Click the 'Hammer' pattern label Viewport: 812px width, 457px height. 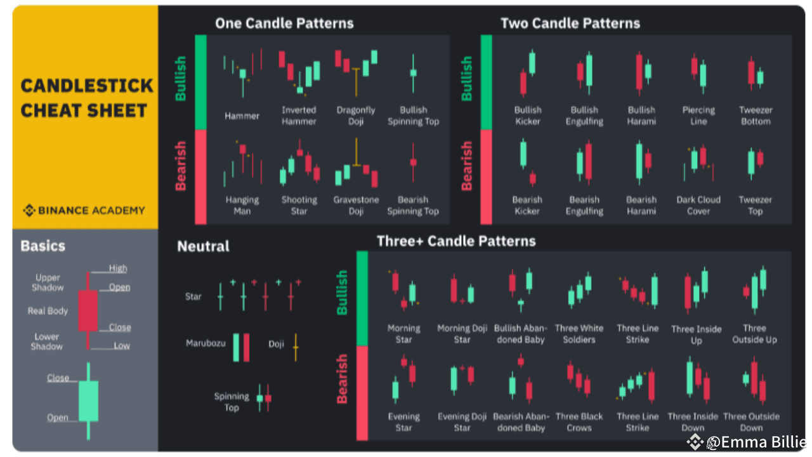coord(242,116)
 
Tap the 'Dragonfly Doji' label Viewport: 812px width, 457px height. coord(356,116)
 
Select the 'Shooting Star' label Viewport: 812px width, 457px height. coord(299,205)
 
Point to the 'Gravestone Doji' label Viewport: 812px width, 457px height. coord(356,205)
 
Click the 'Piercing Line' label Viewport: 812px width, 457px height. coord(698,116)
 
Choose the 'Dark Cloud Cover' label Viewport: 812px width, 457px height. coord(698,205)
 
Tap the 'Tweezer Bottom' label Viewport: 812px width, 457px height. coord(756,116)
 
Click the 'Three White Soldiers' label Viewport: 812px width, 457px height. coord(579,334)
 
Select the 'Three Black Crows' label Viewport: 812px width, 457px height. coord(579,422)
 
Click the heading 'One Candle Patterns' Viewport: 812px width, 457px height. coord(284,23)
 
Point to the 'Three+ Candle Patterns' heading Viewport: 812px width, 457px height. coord(456,241)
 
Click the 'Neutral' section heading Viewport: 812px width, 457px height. coord(203,247)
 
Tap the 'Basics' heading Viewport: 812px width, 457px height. coord(43,246)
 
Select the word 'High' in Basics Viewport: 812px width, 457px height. coord(118,268)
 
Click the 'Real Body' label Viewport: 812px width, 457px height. coord(48,311)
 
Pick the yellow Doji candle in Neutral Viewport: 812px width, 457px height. coord(296,347)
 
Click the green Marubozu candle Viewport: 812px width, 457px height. coord(236,347)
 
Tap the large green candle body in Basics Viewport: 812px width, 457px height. coord(88,401)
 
